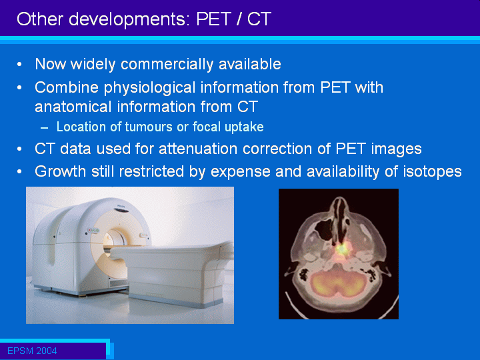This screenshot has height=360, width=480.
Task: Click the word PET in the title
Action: point(213,19)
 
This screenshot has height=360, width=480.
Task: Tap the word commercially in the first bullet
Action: point(167,65)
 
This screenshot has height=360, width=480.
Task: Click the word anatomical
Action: point(73,107)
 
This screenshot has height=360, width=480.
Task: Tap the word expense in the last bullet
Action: point(241,172)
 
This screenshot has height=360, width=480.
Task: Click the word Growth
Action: point(60,171)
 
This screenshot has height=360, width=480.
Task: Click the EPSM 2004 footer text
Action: point(32,351)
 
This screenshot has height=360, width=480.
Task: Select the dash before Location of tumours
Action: point(45,127)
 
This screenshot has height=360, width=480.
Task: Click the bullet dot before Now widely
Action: point(19,65)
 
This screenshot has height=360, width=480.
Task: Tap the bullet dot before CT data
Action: point(19,149)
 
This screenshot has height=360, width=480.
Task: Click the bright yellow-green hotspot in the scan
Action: point(342,249)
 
